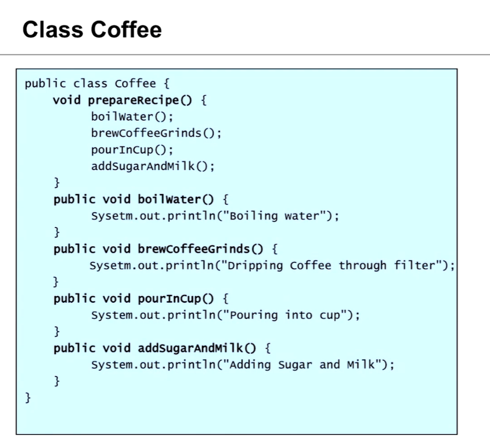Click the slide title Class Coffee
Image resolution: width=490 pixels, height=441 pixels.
click(x=92, y=30)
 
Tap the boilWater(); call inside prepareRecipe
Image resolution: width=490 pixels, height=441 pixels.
click(x=132, y=117)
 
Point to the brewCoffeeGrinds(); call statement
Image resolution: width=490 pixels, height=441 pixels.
click(x=156, y=134)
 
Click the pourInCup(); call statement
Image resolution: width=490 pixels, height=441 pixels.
click(x=132, y=150)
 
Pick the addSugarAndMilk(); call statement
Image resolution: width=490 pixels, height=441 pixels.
click(x=153, y=166)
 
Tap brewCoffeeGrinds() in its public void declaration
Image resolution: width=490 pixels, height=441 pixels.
click(x=201, y=249)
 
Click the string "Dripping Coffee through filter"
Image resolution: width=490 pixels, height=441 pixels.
click(x=334, y=266)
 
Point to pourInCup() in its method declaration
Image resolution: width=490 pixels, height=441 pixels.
click(x=176, y=299)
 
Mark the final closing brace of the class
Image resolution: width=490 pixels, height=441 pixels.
click(x=28, y=398)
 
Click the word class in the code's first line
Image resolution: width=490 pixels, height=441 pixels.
click(x=90, y=84)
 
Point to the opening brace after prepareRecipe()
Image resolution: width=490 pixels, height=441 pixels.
click(x=204, y=100)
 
